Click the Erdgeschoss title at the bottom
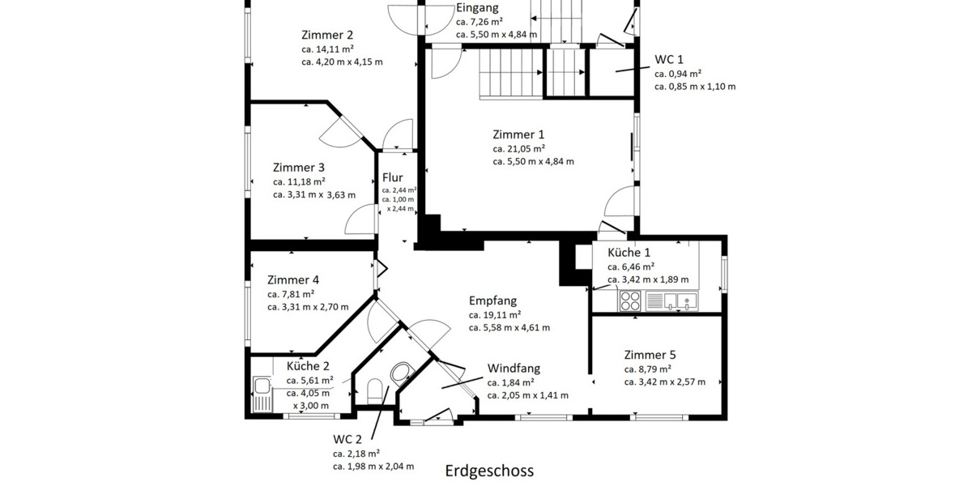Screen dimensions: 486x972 (x=489, y=471)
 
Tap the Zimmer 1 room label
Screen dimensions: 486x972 (x=518, y=134)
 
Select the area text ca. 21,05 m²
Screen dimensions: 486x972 (x=518, y=148)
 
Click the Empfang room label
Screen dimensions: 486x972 (x=492, y=301)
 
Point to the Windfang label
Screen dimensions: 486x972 (x=514, y=369)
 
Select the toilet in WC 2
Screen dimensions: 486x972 (x=375, y=393)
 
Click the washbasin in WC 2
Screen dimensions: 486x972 (x=401, y=373)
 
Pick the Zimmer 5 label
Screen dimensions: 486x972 (x=650, y=355)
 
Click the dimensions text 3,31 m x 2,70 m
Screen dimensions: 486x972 (x=308, y=307)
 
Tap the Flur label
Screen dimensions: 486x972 (x=393, y=178)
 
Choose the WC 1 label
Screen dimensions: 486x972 (x=670, y=60)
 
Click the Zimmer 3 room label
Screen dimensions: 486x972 (x=299, y=168)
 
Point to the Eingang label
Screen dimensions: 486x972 (x=477, y=8)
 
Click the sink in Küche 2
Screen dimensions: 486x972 (x=261, y=394)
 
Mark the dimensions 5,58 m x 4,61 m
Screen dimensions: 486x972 (x=509, y=328)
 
